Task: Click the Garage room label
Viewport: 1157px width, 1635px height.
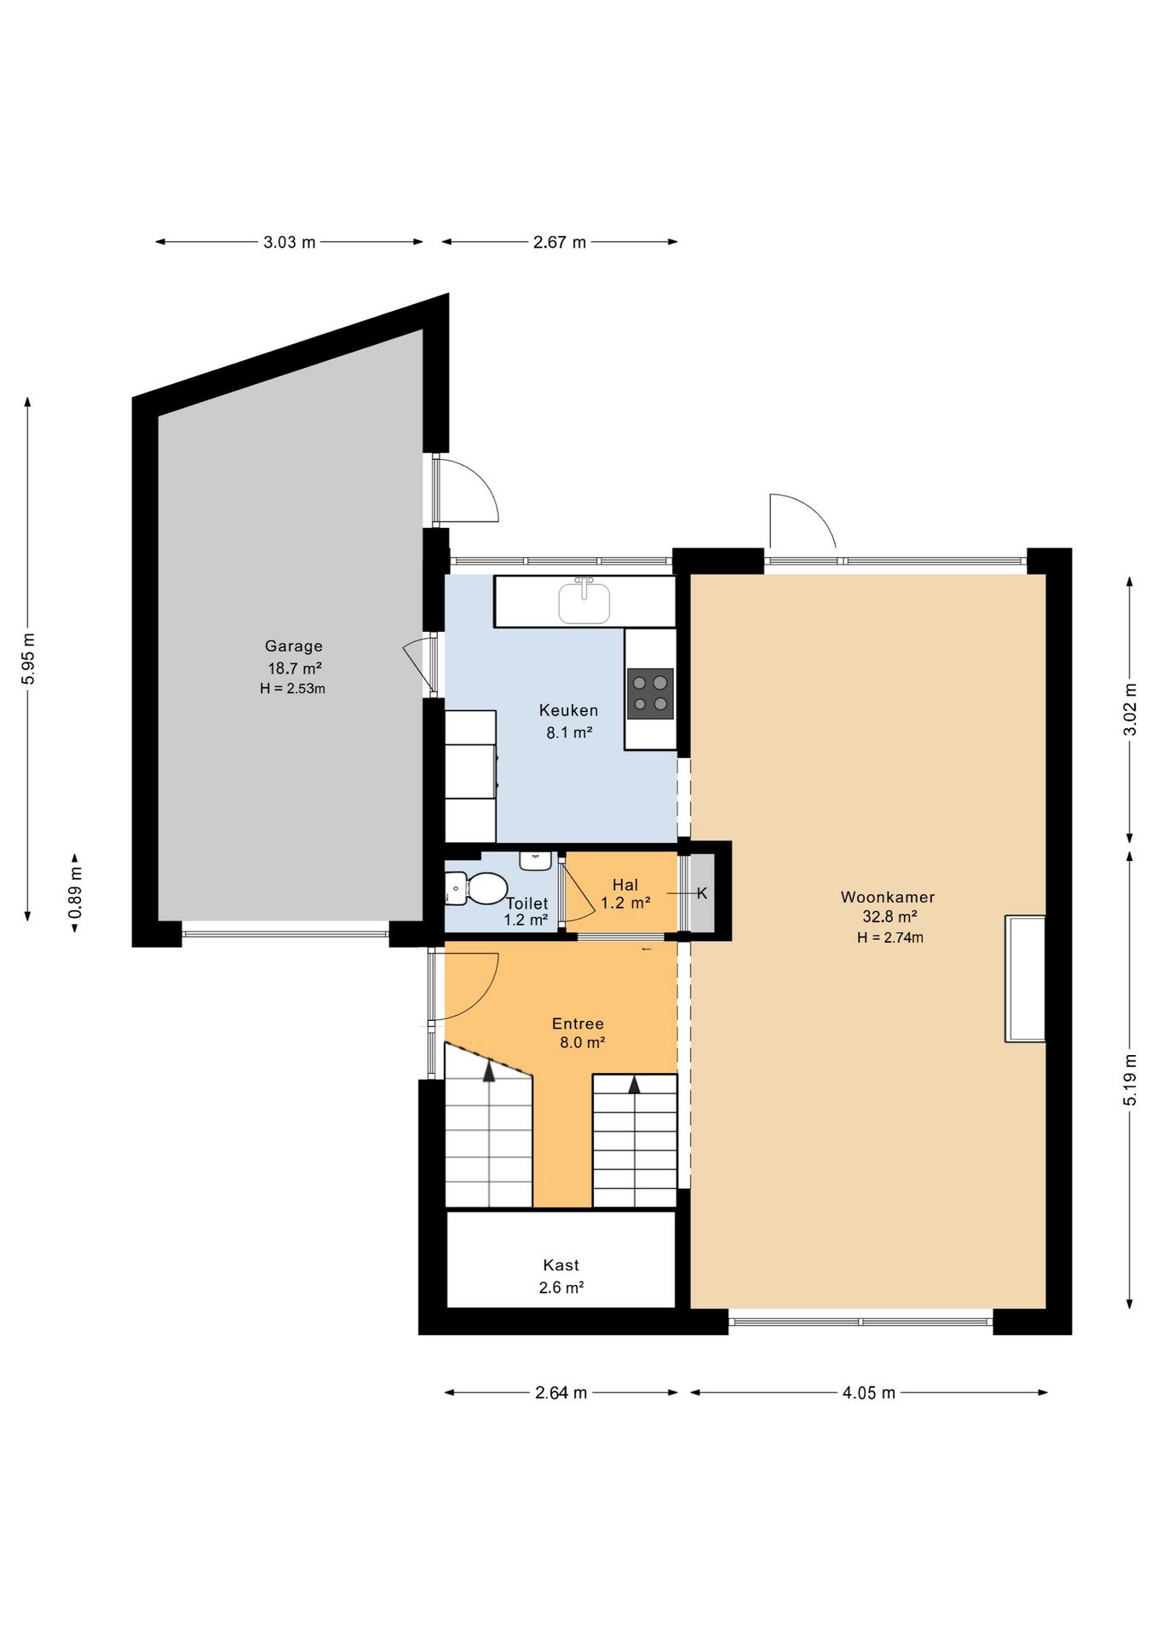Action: pos(293,645)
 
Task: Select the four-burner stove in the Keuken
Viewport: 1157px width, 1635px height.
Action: pos(650,694)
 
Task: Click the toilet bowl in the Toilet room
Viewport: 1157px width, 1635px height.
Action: pos(482,889)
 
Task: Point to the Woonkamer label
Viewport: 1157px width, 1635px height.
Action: pos(888,897)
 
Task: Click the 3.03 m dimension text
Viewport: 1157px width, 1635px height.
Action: pos(290,242)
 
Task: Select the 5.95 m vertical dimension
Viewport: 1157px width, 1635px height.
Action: pos(28,659)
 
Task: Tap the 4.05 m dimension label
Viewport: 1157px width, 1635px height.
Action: pos(869,1392)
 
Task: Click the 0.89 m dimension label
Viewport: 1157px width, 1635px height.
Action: pos(75,892)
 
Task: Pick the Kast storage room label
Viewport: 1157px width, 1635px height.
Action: pos(561,1265)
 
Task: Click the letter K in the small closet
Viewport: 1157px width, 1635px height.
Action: pos(702,892)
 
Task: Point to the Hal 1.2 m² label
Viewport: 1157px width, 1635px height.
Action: pos(625,894)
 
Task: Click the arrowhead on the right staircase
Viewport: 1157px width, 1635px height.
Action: pos(634,1085)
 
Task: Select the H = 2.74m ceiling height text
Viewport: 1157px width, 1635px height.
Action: pos(890,938)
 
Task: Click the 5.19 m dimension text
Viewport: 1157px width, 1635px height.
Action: pos(1130,1080)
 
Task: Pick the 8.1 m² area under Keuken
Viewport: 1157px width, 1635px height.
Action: pos(569,731)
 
